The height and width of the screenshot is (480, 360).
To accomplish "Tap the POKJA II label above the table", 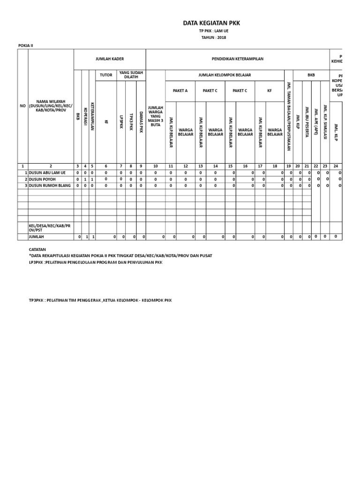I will click(x=26, y=46).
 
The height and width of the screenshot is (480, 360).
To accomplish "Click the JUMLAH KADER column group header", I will click(x=109, y=59).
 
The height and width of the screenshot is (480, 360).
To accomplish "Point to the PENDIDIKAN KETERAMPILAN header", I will click(x=238, y=59).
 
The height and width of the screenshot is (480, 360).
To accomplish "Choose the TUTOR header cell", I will click(x=106, y=75).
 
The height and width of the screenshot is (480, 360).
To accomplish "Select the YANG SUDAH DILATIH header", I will click(x=131, y=75).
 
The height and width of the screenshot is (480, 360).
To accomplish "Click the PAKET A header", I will click(x=180, y=91).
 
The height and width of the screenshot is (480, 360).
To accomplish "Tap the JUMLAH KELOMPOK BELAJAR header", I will click(x=224, y=75).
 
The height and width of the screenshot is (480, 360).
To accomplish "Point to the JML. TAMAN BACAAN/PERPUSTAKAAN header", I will click(x=288, y=116).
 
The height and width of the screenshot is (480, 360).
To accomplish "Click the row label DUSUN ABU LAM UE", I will click(x=47, y=173).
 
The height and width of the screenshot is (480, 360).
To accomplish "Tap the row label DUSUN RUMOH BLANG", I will click(x=50, y=186).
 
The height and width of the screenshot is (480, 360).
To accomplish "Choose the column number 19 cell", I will click(x=288, y=166).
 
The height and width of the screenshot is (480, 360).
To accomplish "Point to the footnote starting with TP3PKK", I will click(x=100, y=300).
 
